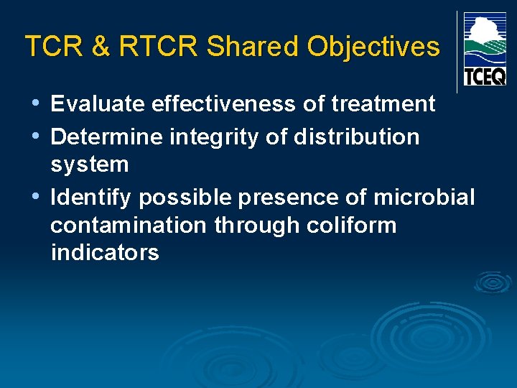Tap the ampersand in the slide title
click(x=101, y=47)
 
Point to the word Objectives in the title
click(x=373, y=47)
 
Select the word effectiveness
click(x=224, y=104)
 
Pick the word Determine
click(x=107, y=137)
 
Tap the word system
click(x=90, y=165)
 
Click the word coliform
click(x=351, y=225)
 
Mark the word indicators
click(x=105, y=253)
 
